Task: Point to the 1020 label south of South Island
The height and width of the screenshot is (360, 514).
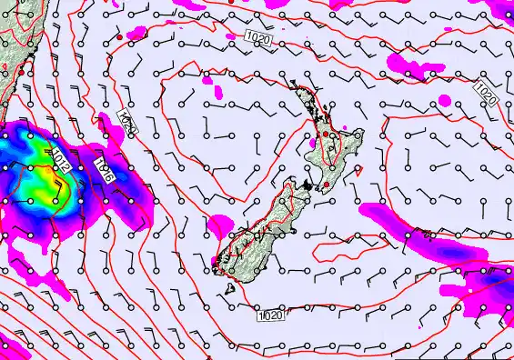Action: [270, 315]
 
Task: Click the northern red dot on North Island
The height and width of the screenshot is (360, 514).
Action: [324, 135]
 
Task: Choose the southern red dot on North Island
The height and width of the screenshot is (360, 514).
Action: [327, 185]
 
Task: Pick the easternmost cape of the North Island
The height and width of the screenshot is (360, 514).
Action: [361, 134]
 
